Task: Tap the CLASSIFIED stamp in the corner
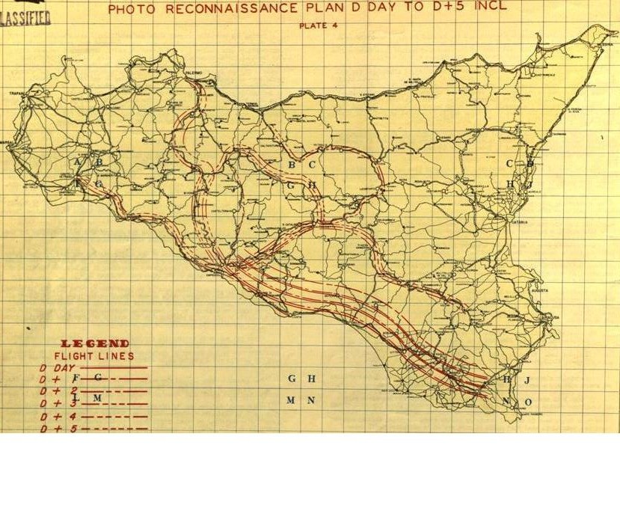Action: click(25, 18)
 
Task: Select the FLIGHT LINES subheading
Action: click(94, 356)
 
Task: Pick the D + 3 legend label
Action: click(57, 403)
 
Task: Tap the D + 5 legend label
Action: click(57, 428)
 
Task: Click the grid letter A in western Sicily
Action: click(78, 162)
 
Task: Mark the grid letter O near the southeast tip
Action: click(528, 403)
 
